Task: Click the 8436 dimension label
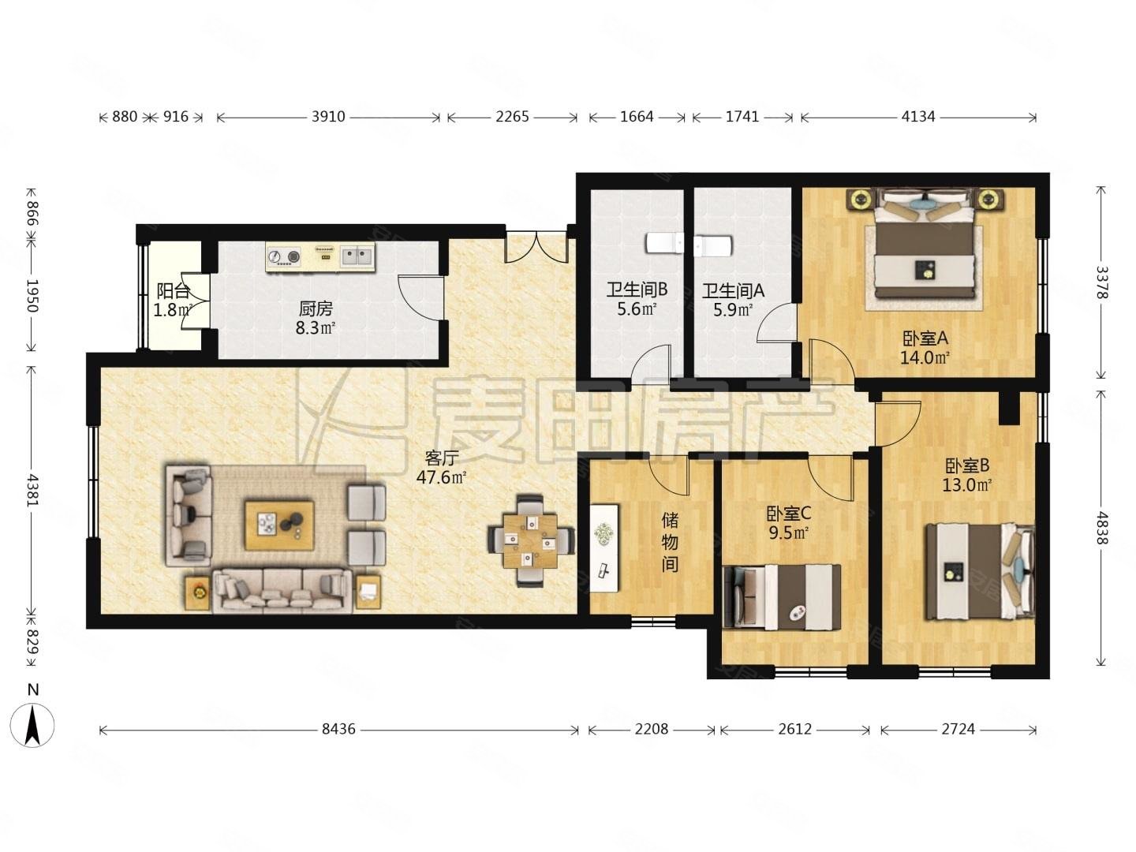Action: pyautogui.click(x=338, y=730)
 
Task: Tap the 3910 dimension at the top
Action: pyautogui.click(x=328, y=117)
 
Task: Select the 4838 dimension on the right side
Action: pyautogui.click(x=1100, y=529)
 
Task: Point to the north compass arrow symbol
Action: pyautogui.click(x=32, y=725)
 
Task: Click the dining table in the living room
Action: pyautogui.click(x=530, y=540)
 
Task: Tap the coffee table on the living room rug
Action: pyautogui.click(x=279, y=525)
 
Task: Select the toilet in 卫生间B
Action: pyautogui.click(x=663, y=244)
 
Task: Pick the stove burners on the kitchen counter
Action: pyautogui.click(x=284, y=256)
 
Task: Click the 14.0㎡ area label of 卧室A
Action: pyautogui.click(x=925, y=357)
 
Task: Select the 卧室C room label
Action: pyautogui.click(x=788, y=514)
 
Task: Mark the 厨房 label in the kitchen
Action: pyautogui.click(x=316, y=308)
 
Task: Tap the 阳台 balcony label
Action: pyautogui.click(x=173, y=291)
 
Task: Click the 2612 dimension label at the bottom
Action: pyautogui.click(x=794, y=730)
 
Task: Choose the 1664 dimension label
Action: pyautogui.click(x=637, y=117)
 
